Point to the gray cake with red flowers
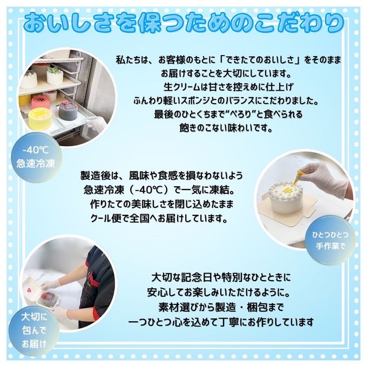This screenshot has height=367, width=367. (69, 110)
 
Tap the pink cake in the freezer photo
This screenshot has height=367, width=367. (41, 101)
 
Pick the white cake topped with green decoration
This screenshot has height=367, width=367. (54, 75)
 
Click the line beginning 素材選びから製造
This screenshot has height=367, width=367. (222, 308)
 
